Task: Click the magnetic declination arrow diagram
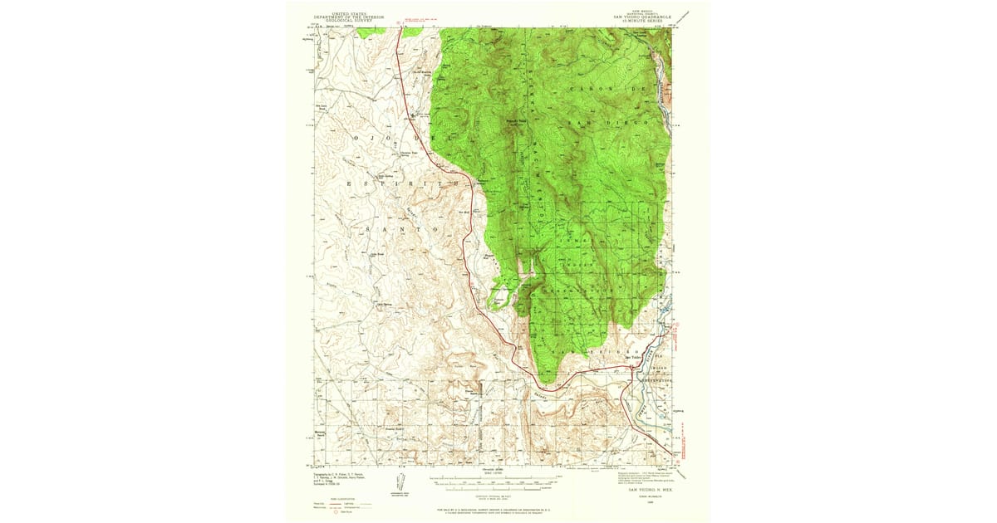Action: coord(401,480)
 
